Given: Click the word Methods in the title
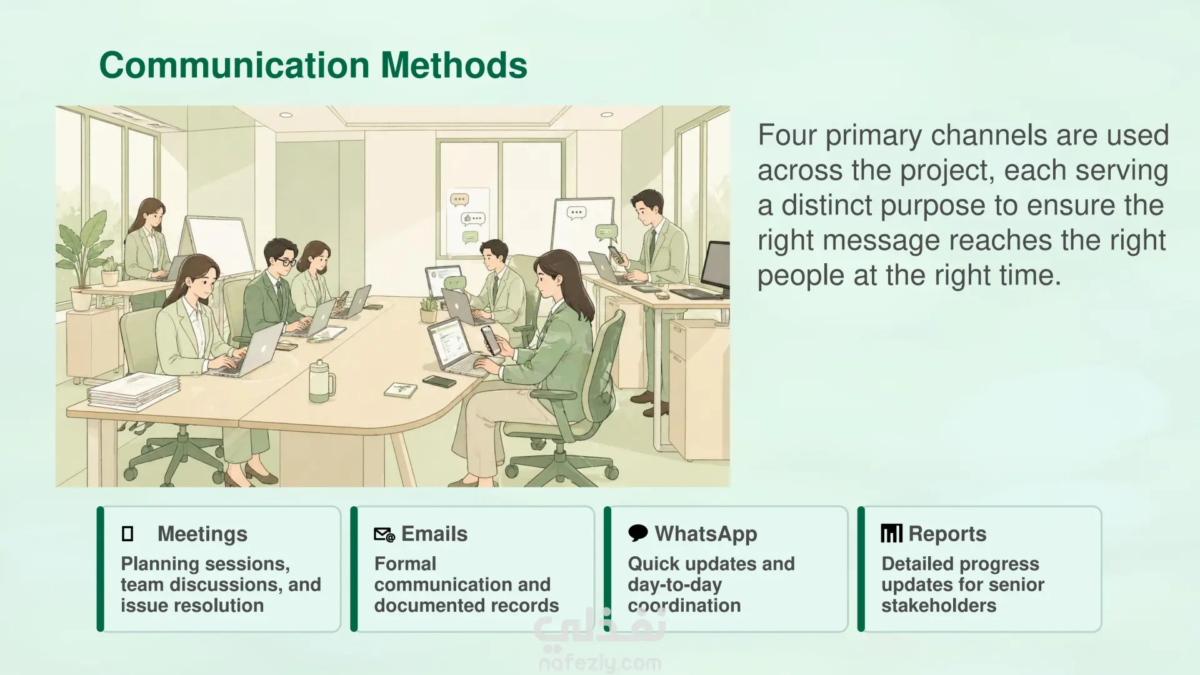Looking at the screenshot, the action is click(454, 65).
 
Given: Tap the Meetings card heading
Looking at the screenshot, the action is click(202, 534).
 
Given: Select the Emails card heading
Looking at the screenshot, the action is click(434, 534).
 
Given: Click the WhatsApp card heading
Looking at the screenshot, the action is click(706, 534).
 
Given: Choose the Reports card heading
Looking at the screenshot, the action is click(947, 534).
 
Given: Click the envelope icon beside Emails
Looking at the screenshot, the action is click(384, 534).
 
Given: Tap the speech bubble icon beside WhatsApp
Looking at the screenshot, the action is click(638, 533).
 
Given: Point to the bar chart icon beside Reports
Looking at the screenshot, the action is click(892, 533).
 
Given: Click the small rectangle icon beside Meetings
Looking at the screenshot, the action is click(127, 534).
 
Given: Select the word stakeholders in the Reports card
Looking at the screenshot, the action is click(939, 605).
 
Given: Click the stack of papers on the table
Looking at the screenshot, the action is click(134, 391).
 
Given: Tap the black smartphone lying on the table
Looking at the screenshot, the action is click(439, 381).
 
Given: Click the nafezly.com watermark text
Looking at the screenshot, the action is click(600, 662).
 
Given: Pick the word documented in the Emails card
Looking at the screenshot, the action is click(428, 605).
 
